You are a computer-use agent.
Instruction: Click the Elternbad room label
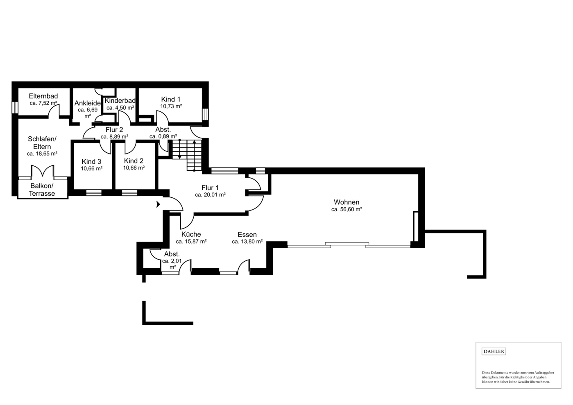click(43, 96)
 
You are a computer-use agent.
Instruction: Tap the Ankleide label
click(88, 103)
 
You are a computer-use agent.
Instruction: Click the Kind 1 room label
click(171, 99)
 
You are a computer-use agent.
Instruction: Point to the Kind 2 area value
click(134, 168)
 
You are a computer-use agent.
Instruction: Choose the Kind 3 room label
click(91, 162)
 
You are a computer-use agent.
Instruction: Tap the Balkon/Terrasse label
click(42, 190)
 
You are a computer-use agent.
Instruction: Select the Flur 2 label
click(114, 130)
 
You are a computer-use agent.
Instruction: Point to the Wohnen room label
click(347, 202)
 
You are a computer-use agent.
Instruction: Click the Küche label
click(191, 234)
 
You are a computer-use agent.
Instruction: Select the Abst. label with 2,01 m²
click(172, 254)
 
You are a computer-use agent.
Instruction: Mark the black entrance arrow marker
click(158, 204)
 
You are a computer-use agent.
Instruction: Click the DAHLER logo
click(494, 352)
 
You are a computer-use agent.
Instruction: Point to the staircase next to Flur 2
click(187, 155)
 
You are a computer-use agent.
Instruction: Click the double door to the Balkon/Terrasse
click(43, 171)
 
